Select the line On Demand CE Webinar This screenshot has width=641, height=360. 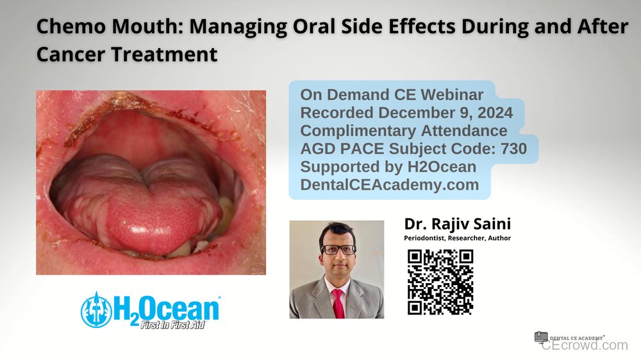tap(392, 95)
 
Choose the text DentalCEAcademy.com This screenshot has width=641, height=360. tap(390, 185)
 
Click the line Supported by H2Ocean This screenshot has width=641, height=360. tap(388, 167)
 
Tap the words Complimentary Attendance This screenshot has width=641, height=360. tap(404, 131)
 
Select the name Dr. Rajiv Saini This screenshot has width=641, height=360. tap(457, 224)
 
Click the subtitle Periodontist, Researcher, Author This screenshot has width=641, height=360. tap(457, 238)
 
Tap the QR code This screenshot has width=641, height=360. tap(440, 281)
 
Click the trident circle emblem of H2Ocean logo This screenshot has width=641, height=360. tap(96, 310)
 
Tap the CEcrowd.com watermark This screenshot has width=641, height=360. tap(584, 345)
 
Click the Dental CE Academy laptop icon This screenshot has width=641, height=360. tap(541, 337)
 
